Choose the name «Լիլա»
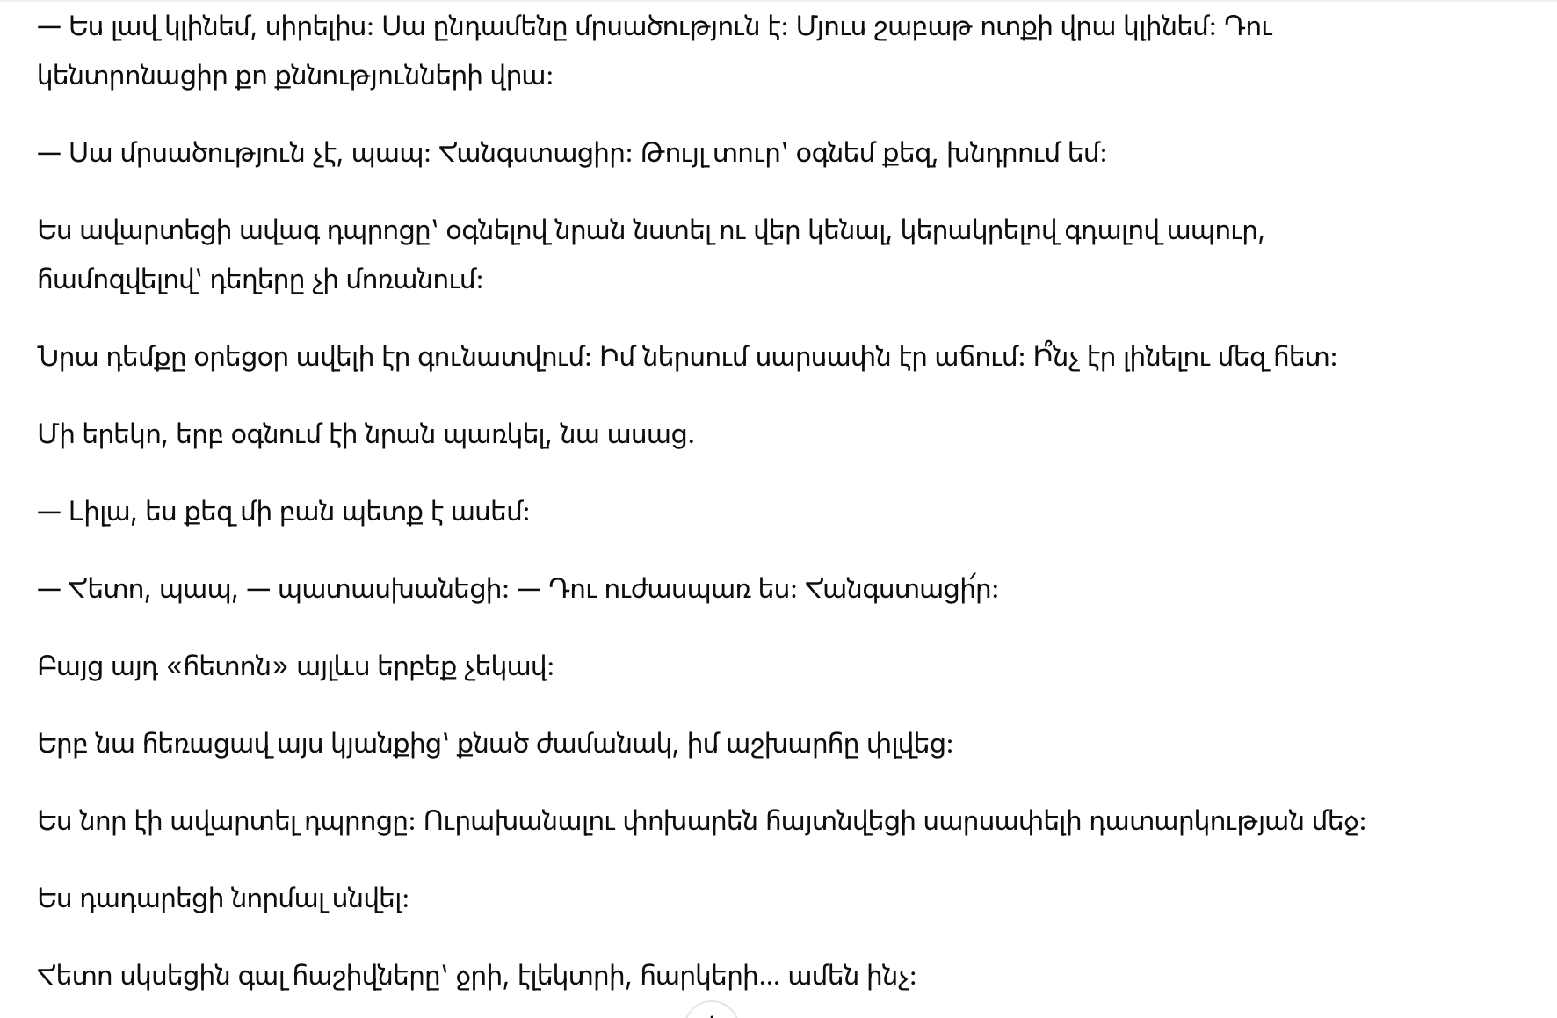pos(101,513)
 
